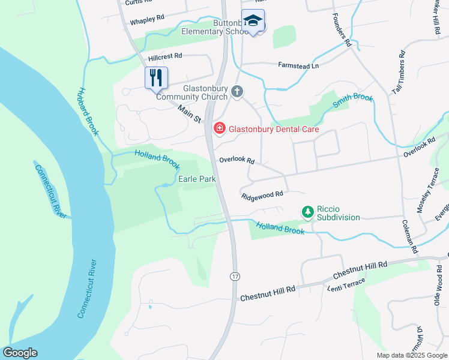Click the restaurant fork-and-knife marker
pos(156,77)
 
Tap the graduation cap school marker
pos(253,21)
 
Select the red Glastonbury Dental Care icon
pos(219,128)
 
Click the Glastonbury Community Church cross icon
pos(237,92)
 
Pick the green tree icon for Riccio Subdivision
pos(307,212)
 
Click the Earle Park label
pos(197,179)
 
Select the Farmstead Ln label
pos(298,65)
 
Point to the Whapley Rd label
pos(147,20)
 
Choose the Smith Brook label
pos(352,101)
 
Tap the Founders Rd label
pos(340,29)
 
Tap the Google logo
pos(20,353)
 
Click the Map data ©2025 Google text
pos(412,355)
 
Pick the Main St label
pos(190,113)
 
